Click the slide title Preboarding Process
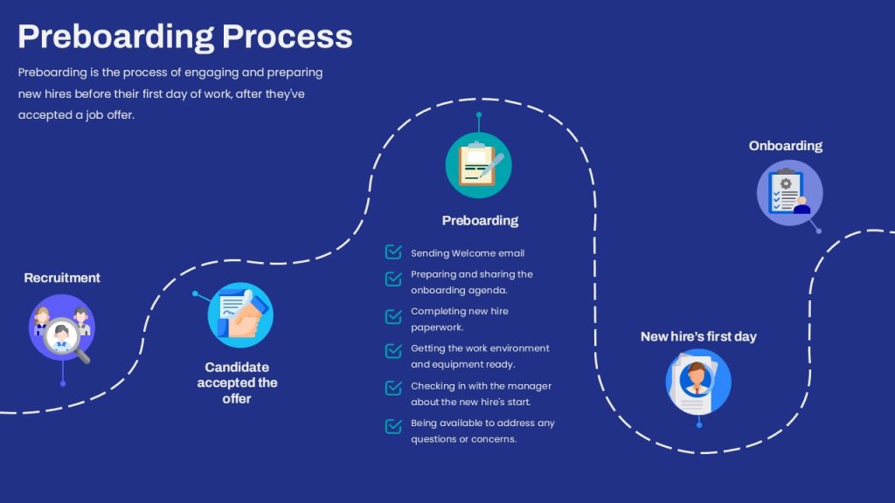(x=185, y=37)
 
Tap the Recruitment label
(x=62, y=278)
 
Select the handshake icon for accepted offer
(x=240, y=315)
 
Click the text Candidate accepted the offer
(x=237, y=382)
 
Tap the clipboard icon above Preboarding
(x=478, y=165)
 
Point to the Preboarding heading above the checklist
(x=480, y=221)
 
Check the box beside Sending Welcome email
(x=393, y=252)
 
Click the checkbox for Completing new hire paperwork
(x=393, y=316)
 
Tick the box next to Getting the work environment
(x=393, y=351)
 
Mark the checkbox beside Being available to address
(x=393, y=426)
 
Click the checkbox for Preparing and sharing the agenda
(x=393, y=279)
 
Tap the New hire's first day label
(x=698, y=336)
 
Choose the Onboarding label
(x=786, y=146)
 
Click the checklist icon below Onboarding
(x=789, y=193)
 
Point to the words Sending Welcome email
(x=468, y=253)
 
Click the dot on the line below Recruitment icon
(x=62, y=383)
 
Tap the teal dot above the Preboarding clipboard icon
(x=478, y=114)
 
